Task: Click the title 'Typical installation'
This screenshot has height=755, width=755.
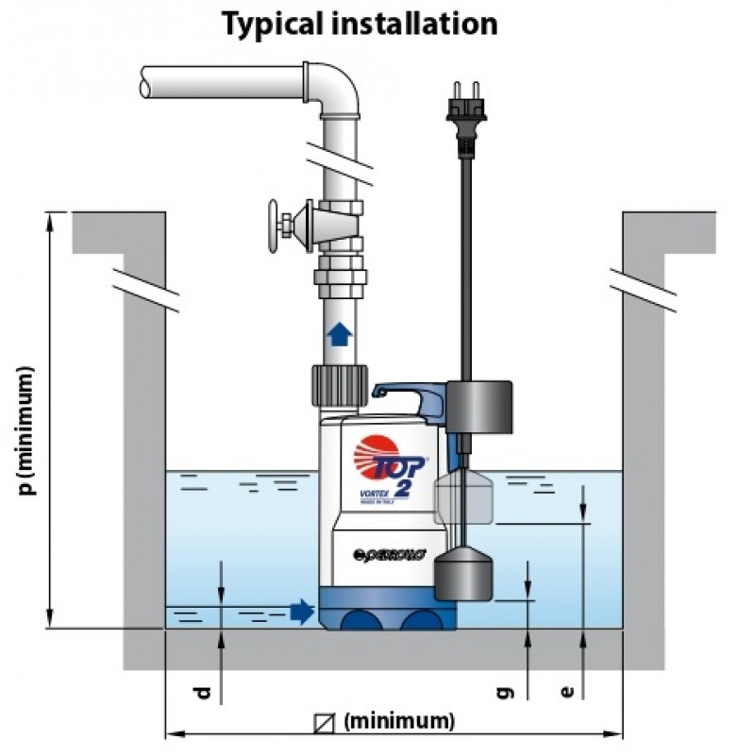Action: point(359,23)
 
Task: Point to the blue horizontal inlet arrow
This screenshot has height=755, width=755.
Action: point(301,612)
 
